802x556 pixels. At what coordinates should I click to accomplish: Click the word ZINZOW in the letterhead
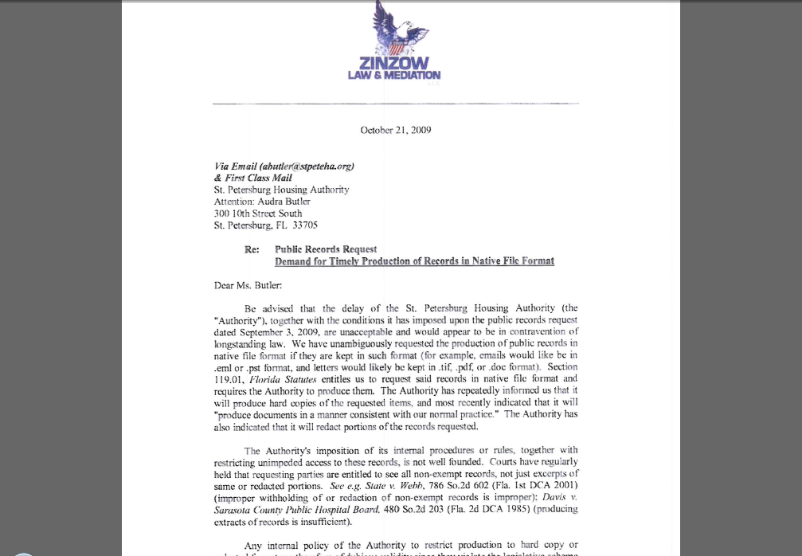coord(393,63)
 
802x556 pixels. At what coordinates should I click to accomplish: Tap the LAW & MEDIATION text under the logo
coord(393,76)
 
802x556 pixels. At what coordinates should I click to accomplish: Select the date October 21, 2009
coord(396,130)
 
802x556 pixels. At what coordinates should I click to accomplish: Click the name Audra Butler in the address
coord(283,202)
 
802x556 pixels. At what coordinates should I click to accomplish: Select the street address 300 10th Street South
coord(258,213)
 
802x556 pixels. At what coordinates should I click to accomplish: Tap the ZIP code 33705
coord(304,225)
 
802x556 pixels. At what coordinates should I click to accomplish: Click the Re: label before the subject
coord(252,249)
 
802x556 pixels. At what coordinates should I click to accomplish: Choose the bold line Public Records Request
coord(326,249)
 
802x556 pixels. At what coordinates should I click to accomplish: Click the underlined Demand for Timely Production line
coord(414,261)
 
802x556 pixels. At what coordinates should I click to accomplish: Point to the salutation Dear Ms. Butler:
coord(248,285)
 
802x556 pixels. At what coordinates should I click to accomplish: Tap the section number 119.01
coord(228,379)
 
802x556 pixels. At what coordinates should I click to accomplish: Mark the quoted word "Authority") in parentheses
coord(240,319)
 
